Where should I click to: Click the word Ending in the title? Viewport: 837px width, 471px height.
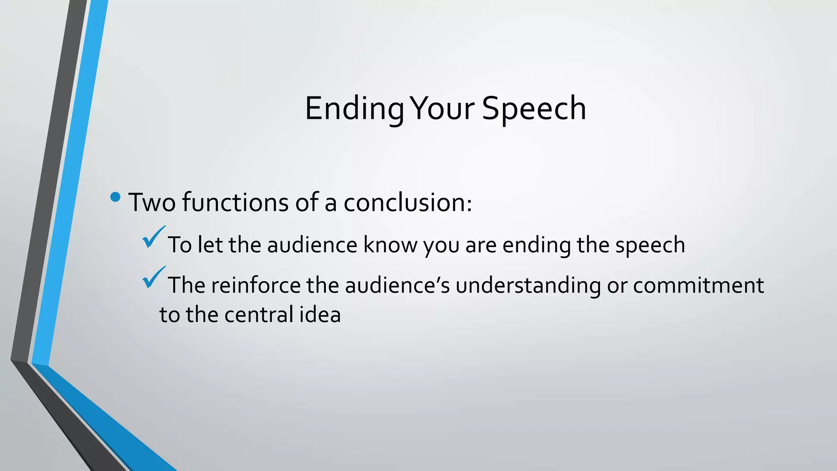[x=354, y=109]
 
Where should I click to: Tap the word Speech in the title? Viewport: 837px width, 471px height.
[x=534, y=109]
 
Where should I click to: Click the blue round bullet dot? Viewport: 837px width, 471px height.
[x=116, y=197]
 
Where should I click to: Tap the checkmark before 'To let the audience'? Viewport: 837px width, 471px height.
[x=153, y=237]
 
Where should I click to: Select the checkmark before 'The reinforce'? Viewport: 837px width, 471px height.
[x=153, y=277]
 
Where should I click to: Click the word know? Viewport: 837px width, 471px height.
[x=390, y=245]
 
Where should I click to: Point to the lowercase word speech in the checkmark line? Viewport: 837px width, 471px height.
[x=650, y=246]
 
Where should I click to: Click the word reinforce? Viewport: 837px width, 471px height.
[x=256, y=285]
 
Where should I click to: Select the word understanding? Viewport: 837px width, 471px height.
[x=528, y=286]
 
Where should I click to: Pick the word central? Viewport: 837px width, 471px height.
[x=259, y=315]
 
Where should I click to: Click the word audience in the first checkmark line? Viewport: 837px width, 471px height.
[x=312, y=245]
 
